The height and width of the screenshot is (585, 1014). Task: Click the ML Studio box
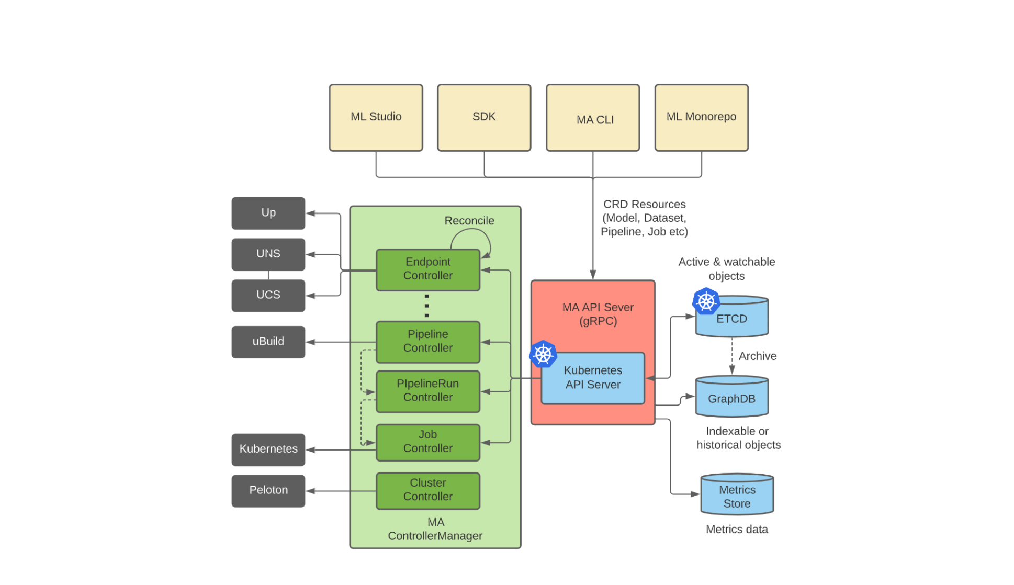[x=376, y=118]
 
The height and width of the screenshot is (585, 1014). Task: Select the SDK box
[x=484, y=118]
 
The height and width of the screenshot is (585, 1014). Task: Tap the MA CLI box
[x=592, y=118]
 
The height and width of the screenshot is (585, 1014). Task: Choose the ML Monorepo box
[x=701, y=118]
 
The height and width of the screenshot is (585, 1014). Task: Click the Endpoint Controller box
[x=427, y=269]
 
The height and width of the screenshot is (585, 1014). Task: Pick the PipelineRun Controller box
[x=427, y=391]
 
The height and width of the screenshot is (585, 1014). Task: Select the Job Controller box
[x=427, y=442]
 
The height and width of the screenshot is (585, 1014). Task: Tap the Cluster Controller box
[x=427, y=490]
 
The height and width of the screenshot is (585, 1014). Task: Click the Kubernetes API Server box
[x=592, y=378]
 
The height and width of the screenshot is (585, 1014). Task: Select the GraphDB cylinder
[x=731, y=398]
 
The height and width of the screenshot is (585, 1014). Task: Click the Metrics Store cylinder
[x=737, y=496]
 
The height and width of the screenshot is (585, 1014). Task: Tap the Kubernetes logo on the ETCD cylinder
[x=706, y=301]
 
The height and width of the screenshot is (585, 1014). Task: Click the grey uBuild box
[x=268, y=342]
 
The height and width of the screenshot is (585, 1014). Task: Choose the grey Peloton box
[x=268, y=490]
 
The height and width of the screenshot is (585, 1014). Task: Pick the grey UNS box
[x=268, y=254]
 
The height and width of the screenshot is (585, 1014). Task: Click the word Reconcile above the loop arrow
[x=469, y=221]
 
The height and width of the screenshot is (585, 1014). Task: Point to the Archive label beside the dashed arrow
[x=757, y=356]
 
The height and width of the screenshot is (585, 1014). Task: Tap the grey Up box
[x=268, y=213]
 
